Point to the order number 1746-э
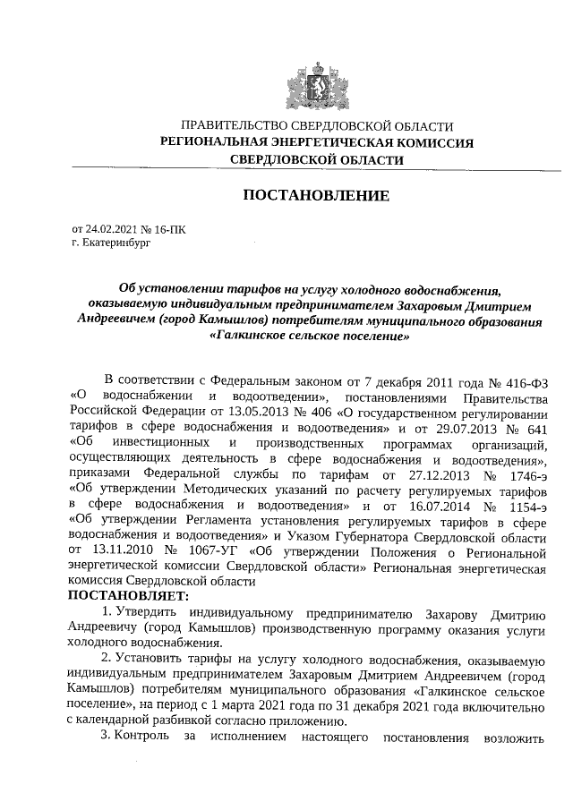520,476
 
